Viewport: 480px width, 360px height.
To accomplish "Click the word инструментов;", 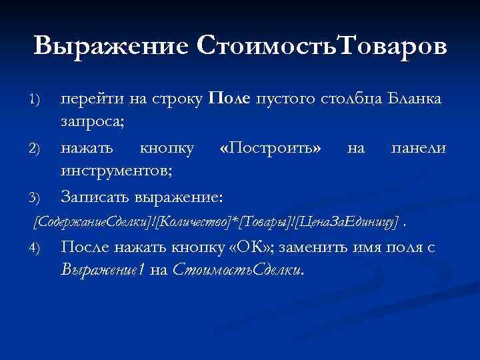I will tap(117, 171).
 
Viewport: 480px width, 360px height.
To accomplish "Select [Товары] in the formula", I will tap(253, 221).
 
